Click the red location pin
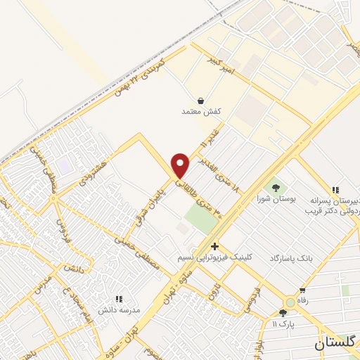181,165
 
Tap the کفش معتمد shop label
202,111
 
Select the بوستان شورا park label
275,199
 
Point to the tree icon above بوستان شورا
275,188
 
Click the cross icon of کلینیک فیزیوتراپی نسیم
214,247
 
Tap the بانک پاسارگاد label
289,259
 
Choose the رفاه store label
303,300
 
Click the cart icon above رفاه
302,290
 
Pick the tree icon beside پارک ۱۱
283,313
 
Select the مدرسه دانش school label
119,309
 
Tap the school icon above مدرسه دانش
118,299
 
